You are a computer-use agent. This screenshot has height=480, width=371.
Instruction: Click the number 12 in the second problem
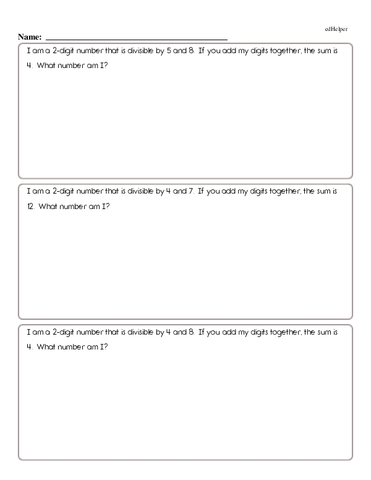(30, 207)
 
